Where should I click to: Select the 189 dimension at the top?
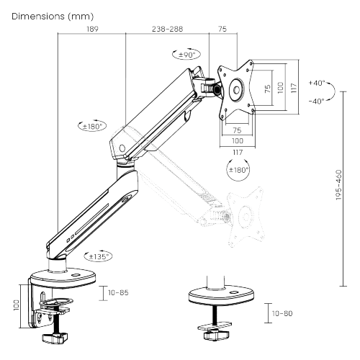coord(91,30)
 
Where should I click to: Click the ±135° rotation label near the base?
coord(99,256)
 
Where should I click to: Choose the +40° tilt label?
coord(317,83)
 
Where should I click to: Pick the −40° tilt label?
coord(317,101)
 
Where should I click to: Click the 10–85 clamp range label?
coord(119,294)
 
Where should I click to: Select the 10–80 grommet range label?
coord(282,313)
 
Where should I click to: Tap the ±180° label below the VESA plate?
coord(238,171)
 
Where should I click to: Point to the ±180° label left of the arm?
coord(91,126)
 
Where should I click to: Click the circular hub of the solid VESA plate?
coord(237,91)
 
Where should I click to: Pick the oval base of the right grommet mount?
coord(220,295)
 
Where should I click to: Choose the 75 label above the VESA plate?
coord(222,30)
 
